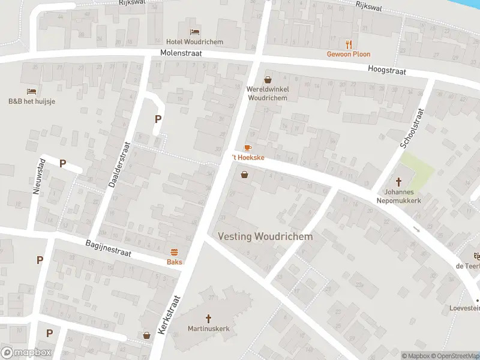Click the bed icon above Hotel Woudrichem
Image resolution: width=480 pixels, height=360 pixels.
pos(194,32)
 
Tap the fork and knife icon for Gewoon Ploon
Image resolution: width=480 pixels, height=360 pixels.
pos(349,44)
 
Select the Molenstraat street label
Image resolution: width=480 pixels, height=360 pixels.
pos(181,53)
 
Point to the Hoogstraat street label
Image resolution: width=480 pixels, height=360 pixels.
pos(387,71)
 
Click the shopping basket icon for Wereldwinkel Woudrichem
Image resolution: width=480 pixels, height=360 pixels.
pos(268,79)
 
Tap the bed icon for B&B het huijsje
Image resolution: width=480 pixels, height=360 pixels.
pos(32,91)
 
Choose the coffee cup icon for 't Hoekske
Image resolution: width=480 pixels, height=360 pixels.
pos(247,148)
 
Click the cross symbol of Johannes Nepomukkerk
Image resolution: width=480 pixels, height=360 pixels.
pos(398,182)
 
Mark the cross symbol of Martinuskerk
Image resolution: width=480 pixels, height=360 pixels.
pos(209,319)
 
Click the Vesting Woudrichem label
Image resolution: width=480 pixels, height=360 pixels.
pos(265,236)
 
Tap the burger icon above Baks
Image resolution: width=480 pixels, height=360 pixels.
pos(175,252)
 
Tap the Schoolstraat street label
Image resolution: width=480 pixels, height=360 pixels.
pos(412,128)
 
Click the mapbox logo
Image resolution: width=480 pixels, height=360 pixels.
pos(26,352)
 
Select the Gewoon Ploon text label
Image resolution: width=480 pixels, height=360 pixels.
pos(349,54)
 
